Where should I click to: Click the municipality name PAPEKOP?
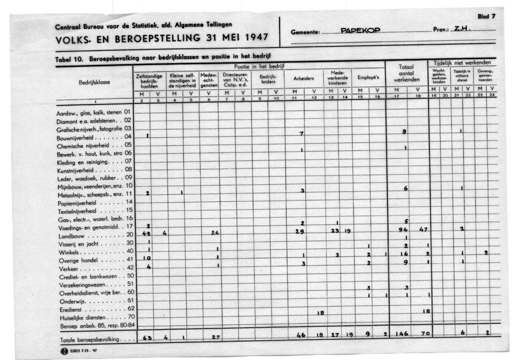[360, 31]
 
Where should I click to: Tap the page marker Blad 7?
[487, 16]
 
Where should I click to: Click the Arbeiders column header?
[303, 79]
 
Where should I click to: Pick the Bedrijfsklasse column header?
[94, 82]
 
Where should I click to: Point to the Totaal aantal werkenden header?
[406, 73]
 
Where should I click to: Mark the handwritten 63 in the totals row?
[147, 338]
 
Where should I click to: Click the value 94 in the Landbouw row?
[404, 230]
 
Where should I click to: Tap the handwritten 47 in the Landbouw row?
[423, 230]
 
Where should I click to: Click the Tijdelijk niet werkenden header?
[462, 62]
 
